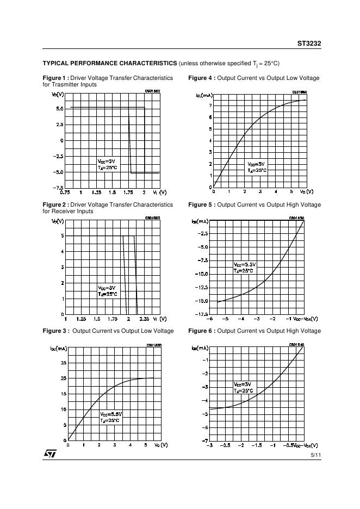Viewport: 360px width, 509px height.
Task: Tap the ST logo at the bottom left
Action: [x=50, y=453]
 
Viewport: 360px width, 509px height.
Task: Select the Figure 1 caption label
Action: [x=55, y=78]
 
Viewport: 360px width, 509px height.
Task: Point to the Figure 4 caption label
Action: [x=201, y=78]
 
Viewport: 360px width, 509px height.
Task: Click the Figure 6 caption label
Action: [x=201, y=331]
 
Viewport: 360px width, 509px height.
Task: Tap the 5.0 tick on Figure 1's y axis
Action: [x=59, y=109]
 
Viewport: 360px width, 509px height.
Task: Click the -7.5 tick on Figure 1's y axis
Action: [x=58, y=188]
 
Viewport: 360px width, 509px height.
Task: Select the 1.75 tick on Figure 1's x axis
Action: [x=128, y=193]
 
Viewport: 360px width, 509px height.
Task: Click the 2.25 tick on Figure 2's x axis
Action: [x=144, y=319]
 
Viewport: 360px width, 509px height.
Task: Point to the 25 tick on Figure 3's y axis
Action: [x=63, y=362]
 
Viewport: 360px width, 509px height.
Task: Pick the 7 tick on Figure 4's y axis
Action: [x=210, y=105]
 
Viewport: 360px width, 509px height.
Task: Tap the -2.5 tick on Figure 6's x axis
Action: [x=225, y=445]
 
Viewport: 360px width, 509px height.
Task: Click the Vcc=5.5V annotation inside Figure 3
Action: [x=111, y=414]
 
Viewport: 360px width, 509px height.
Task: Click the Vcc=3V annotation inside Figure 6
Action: [x=243, y=384]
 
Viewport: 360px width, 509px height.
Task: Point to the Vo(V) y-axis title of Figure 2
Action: [x=58, y=221]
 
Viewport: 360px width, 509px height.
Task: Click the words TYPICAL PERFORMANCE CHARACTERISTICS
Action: [x=109, y=63]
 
